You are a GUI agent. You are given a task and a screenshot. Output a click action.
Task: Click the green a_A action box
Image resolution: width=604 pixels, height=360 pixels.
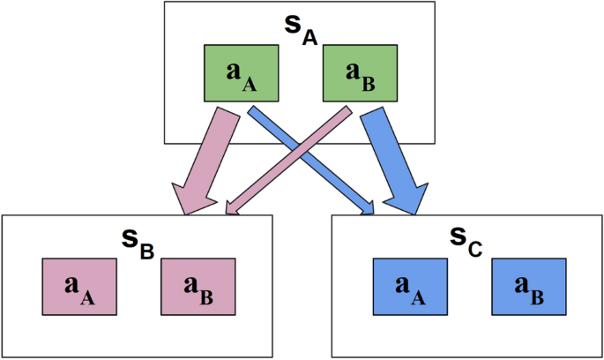pos(242,74)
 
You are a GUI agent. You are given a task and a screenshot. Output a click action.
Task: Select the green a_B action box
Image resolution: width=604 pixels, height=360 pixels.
pos(359,74)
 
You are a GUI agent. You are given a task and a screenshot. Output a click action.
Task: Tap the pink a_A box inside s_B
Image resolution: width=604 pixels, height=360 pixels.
pos(79,287)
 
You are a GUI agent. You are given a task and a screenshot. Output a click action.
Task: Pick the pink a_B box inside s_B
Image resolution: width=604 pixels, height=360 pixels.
pos(197,287)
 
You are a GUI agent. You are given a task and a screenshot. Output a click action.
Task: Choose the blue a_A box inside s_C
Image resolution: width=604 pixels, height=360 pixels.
pos(410,287)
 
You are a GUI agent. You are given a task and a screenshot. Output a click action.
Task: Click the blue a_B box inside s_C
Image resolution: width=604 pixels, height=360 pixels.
pos(527,287)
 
